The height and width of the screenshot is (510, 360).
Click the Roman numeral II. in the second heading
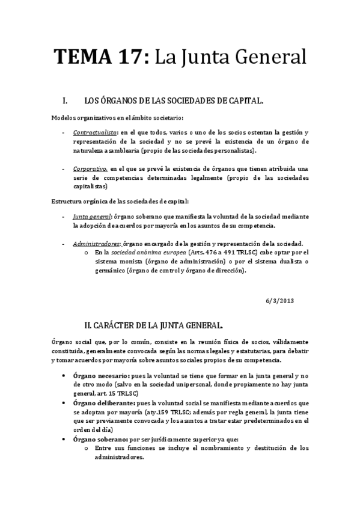point(91,327)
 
